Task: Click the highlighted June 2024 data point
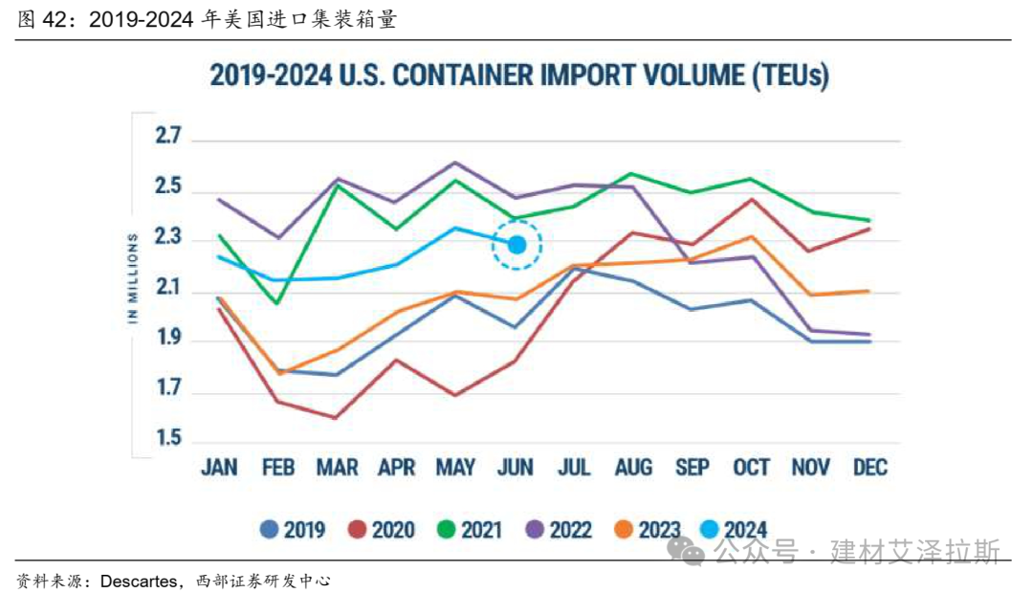pos(516,245)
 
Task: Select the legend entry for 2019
pos(293,529)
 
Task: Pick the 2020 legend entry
pos(382,529)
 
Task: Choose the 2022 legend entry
pos(559,529)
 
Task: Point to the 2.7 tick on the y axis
pos(168,137)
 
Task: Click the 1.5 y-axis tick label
pos(168,440)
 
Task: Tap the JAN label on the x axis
pos(219,468)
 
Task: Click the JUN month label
pos(515,468)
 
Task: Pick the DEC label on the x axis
pos(868,468)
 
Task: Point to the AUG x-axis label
pos(632,468)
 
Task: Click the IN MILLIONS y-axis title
pos(134,277)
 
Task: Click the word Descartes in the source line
pos(138,580)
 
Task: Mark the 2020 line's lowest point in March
pos(338,418)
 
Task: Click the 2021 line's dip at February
pos(278,304)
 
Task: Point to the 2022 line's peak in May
pos(456,163)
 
